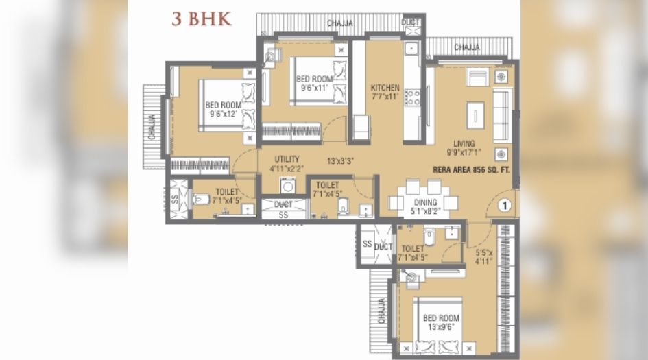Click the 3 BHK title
click(x=202, y=19)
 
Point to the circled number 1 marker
click(x=504, y=204)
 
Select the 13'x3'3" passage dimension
click(x=339, y=163)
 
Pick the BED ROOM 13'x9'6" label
click(x=440, y=322)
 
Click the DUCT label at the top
click(x=411, y=23)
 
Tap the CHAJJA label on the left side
click(x=152, y=126)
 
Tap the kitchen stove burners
click(x=412, y=97)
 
